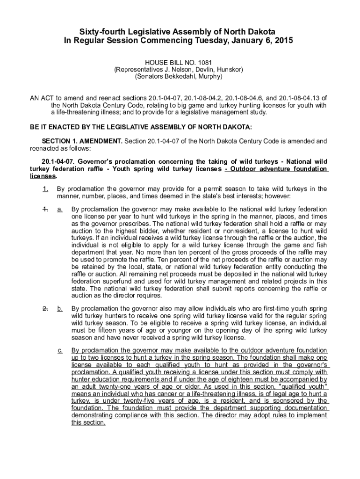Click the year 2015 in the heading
click(283, 41)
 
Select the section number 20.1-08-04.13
click(302, 98)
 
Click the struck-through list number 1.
click(45, 209)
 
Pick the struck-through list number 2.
click(45, 309)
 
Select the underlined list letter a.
click(60, 209)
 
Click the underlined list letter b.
click(60, 309)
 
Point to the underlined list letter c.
click(60, 350)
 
